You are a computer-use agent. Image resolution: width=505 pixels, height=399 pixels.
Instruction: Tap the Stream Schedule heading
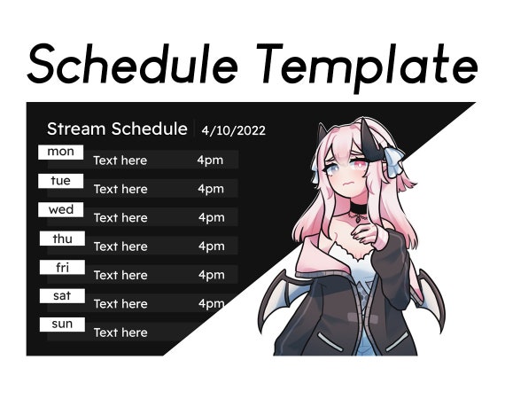pos(117,129)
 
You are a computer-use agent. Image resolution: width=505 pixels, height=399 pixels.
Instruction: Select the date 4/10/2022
pos(233,131)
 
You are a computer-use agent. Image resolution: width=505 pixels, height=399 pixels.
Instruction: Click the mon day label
pos(61,153)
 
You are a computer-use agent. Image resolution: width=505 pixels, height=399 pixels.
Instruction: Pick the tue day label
pos(61,181)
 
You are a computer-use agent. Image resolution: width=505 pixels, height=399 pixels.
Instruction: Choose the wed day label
pos(61,210)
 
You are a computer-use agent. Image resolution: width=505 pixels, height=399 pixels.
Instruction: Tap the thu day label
pos(61,239)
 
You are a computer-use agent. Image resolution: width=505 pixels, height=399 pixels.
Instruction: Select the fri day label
pos(61,267)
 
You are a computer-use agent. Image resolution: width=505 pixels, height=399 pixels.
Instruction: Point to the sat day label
pos(61,296)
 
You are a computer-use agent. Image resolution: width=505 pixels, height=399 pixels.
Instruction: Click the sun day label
pos(61,325)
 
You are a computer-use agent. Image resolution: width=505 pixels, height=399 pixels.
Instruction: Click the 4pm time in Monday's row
pos(211,160)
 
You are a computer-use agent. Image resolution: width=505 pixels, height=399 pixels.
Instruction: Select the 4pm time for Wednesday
pos(211,218)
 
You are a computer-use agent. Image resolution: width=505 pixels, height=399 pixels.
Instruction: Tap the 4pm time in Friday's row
pos(211,275)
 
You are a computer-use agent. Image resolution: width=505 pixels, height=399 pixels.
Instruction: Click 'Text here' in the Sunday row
pos(120,332)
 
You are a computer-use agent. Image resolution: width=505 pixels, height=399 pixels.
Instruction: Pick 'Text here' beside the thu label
pos(120,246)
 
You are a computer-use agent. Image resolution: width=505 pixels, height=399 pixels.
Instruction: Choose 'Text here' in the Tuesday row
pos(120,189)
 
